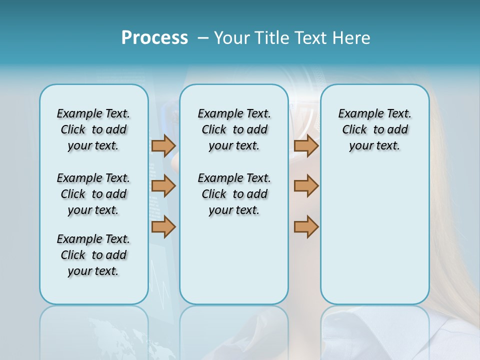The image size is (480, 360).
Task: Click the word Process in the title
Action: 154,37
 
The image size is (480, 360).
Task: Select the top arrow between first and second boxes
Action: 163,146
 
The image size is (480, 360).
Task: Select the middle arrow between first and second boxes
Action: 163,186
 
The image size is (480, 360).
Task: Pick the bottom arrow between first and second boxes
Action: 163,227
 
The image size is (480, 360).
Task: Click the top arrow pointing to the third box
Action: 306,146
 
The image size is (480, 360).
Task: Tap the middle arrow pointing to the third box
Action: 306,186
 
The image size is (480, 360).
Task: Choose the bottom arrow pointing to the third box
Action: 306,227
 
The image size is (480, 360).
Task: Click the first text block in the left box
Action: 93,129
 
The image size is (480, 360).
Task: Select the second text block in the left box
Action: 93,194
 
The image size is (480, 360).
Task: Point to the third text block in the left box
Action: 93,255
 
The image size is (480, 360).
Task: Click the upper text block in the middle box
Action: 234,129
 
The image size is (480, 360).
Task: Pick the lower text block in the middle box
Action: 234,194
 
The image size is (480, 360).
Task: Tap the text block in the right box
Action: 374,129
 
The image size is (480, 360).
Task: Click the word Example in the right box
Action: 356,114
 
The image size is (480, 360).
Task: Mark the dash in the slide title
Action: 203,38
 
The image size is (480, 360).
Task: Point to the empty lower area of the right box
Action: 374,240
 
